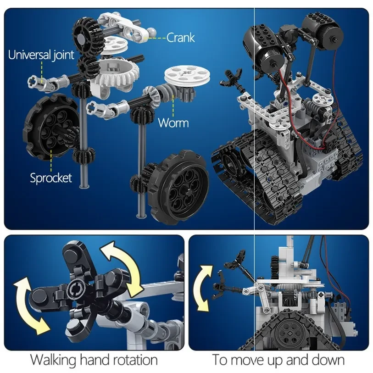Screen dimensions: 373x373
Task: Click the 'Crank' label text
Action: pyautogui.click(x=181, y=37)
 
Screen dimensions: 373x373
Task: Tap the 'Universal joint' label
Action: pyautogui.click(x=41, y=56)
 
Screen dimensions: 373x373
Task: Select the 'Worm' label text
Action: pyautogui.click(x=173, y=122)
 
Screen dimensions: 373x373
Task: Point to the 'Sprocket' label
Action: pyautogui.click(x=51, y=178)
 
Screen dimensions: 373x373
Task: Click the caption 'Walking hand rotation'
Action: pyautogui.click(x=94, y=360)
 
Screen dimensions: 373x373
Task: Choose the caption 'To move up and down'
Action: pyautogui.click(x=278, y=360)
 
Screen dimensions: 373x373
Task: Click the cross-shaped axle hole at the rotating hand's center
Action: pyautogui.click(x=75, y=290)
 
